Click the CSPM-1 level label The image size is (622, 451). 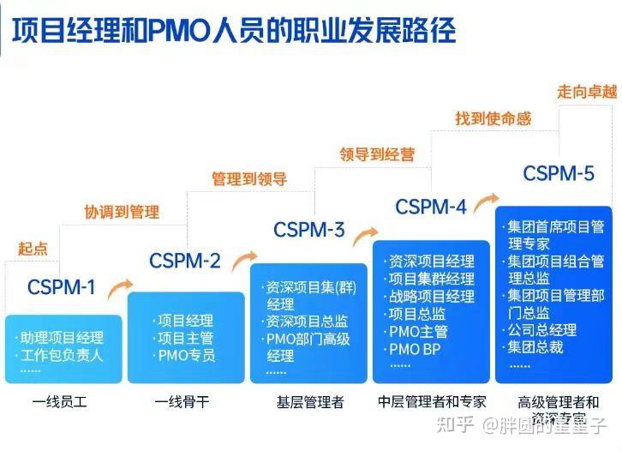pos(61,287)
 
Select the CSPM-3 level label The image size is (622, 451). pos(308,230)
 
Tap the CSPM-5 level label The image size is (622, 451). pos(558,174)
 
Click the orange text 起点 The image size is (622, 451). pos(33,249)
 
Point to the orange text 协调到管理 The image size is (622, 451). pos(122,212)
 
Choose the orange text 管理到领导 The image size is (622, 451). pos(248,179)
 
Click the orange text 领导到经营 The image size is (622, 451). pos(376,154)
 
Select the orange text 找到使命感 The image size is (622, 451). pos(493,118)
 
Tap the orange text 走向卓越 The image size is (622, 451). pos(587,91)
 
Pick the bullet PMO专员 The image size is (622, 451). pos(186,355)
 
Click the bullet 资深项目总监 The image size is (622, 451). pos(308,322)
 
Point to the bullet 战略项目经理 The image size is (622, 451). pos(431,297)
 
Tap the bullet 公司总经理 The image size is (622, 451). pos(541,330)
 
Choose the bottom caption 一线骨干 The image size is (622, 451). pos(182,401)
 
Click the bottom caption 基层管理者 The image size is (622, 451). pos(309,401)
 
